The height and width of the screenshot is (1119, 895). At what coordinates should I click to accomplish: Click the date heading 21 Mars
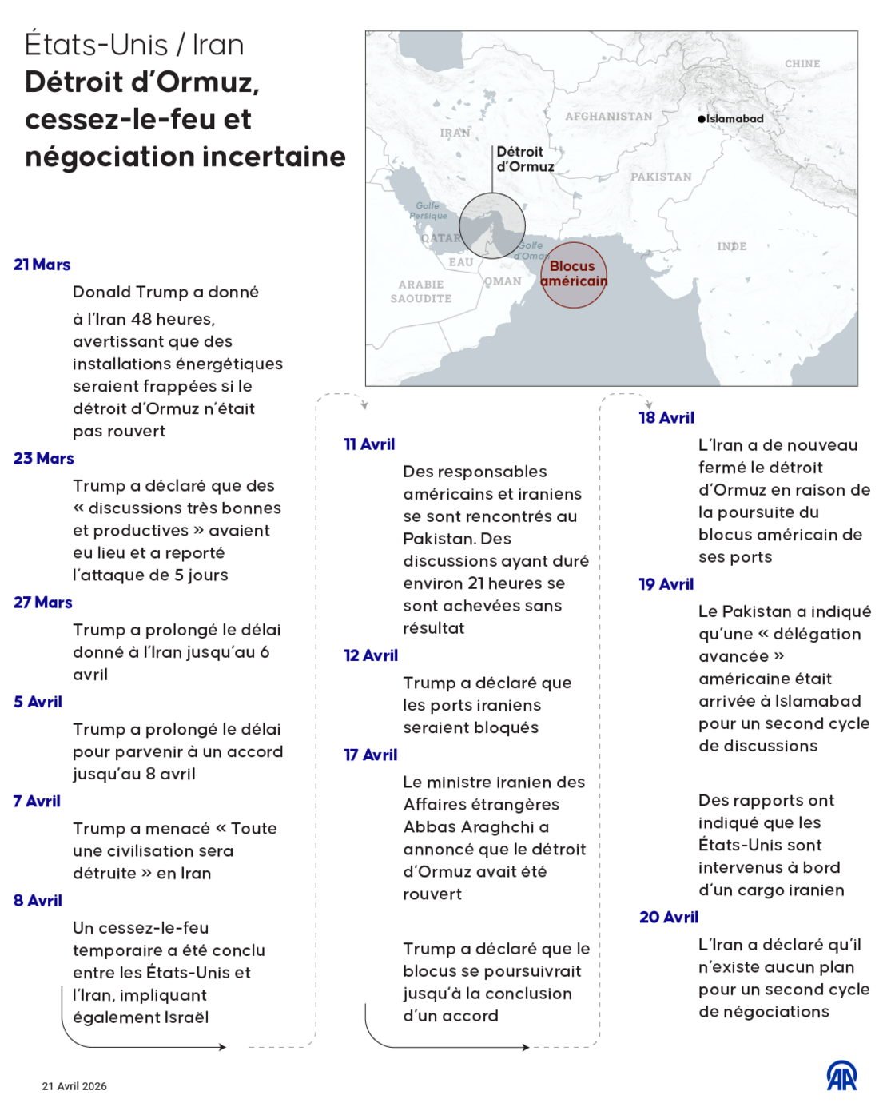pos(42,265)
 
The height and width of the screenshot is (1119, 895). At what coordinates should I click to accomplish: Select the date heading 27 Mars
pos(42,603)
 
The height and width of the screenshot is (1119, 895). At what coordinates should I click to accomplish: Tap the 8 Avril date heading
pos(38,901)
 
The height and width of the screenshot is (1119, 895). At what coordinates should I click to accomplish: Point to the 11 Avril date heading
pos(369,444)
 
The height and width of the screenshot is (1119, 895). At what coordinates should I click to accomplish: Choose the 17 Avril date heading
pos(370,755)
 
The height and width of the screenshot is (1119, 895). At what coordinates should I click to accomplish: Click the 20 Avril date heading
pos(668,918)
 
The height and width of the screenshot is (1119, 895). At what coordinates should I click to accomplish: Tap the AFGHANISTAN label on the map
pos(608,117)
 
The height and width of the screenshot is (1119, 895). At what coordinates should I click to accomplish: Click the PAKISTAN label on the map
pos(661,177)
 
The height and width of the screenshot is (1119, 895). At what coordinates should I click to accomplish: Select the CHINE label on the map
pos(802,64)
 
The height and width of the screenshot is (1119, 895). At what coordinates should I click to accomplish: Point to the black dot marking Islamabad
pos(702,119)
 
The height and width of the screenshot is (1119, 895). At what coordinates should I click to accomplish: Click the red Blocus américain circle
pos(574,275)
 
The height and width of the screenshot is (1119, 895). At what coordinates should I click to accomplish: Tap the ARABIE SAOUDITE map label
pos(421,292)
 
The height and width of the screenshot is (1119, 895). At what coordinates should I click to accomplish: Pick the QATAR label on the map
pos(440,238)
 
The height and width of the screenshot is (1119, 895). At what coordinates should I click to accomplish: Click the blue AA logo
pos(841,1076)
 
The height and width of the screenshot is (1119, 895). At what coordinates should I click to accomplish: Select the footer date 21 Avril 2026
pos(74,1086)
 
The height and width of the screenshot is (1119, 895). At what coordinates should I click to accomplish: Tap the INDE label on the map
pos(731,246)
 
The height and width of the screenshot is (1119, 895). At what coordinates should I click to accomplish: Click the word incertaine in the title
pos(276,157)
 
